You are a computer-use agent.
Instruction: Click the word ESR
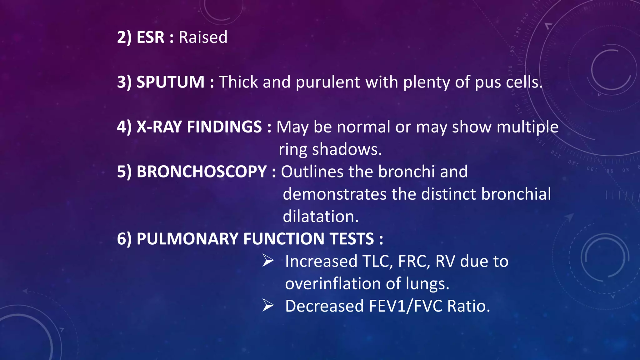(x=150, y=37)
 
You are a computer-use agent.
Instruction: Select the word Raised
(x=203, y=37)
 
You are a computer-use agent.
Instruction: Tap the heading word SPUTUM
(x=170, y=82)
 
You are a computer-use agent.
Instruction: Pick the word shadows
(x=347, y=149)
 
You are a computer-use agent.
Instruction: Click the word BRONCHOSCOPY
(x=202, y=172)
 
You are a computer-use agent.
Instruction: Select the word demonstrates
(x=334, y=194)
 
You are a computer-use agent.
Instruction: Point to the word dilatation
(x=321, y=217)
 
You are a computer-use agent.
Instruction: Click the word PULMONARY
(x=187, y=239)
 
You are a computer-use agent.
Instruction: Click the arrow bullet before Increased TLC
(x=268, y=261)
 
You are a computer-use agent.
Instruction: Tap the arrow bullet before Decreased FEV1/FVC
(x=268, y=305)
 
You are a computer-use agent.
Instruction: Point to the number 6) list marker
(x=124, y=239)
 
